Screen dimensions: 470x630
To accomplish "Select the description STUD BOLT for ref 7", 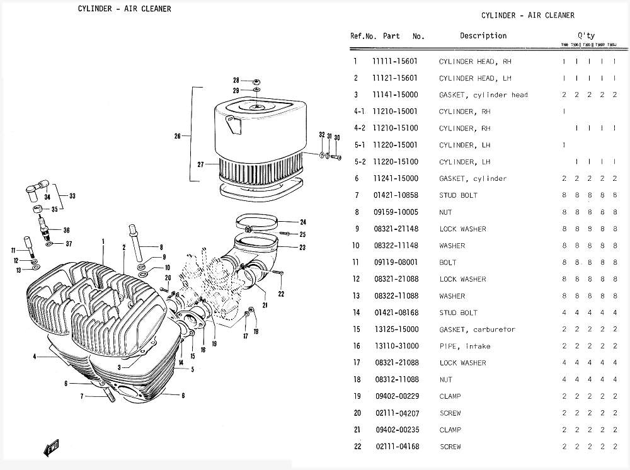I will point(458,195).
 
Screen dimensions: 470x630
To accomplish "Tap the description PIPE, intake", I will point(464,346).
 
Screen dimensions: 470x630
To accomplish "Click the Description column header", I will point(483,36).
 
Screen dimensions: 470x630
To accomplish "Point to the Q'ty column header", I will point(585,36).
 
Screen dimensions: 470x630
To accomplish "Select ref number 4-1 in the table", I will point(360,112).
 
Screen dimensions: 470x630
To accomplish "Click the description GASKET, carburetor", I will point(477,330).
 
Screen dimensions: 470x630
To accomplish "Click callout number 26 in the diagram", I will point(178,135).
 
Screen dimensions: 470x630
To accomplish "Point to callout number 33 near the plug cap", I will point(72,196).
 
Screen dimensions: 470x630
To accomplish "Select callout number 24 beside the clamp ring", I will point(302,222).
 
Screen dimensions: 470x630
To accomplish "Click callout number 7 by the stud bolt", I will point(83,396).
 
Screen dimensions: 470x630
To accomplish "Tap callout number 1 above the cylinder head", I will point(103,241).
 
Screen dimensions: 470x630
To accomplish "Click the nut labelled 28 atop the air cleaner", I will point(257,82).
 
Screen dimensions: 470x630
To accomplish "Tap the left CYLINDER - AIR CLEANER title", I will point(124,9).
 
